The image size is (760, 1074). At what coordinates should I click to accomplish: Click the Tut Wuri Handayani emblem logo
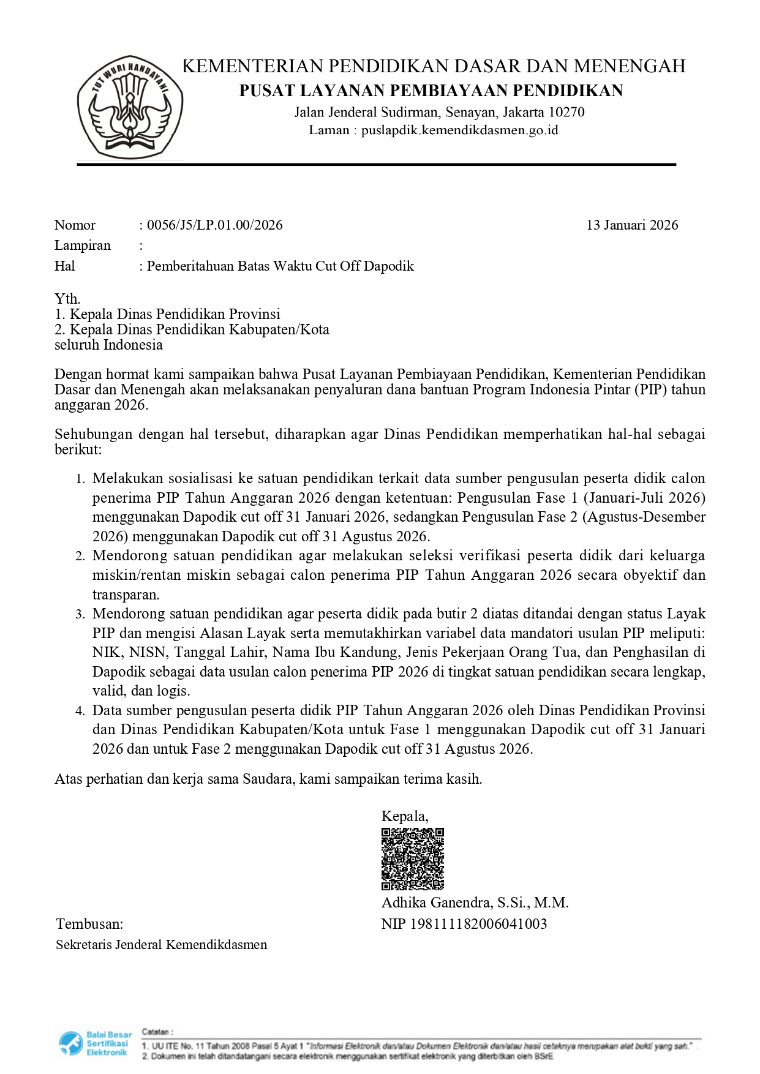(130, 108)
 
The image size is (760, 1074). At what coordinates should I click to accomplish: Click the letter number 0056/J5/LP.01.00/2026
(214, 225)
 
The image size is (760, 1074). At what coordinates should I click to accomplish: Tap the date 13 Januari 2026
(632, 225)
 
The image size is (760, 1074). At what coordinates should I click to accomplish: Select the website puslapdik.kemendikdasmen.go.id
(459, 130)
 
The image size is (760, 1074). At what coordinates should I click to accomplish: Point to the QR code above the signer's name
(412, 858)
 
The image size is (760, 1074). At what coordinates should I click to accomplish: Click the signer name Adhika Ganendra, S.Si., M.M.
(475, 903)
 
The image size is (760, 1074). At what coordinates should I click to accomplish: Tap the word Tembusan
(89, 924)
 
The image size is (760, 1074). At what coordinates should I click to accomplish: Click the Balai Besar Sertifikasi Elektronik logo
(96, 1043)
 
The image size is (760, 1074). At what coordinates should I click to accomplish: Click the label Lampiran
(83, 246)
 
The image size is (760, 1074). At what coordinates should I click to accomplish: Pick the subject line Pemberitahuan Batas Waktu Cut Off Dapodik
(280, 266)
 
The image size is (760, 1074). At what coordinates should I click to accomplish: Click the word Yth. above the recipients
(67, 299)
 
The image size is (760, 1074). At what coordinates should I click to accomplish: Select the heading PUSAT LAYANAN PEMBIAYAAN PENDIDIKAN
(431, 91)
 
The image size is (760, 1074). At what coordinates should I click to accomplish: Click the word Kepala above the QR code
(404, 816)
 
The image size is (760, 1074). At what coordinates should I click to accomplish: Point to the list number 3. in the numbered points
(80, 615)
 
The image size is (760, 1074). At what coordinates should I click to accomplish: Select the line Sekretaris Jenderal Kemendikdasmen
(162, 945)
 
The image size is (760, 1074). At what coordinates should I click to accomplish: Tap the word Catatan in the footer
(157, 1032)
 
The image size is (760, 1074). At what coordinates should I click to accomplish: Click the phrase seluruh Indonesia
(108, 345)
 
